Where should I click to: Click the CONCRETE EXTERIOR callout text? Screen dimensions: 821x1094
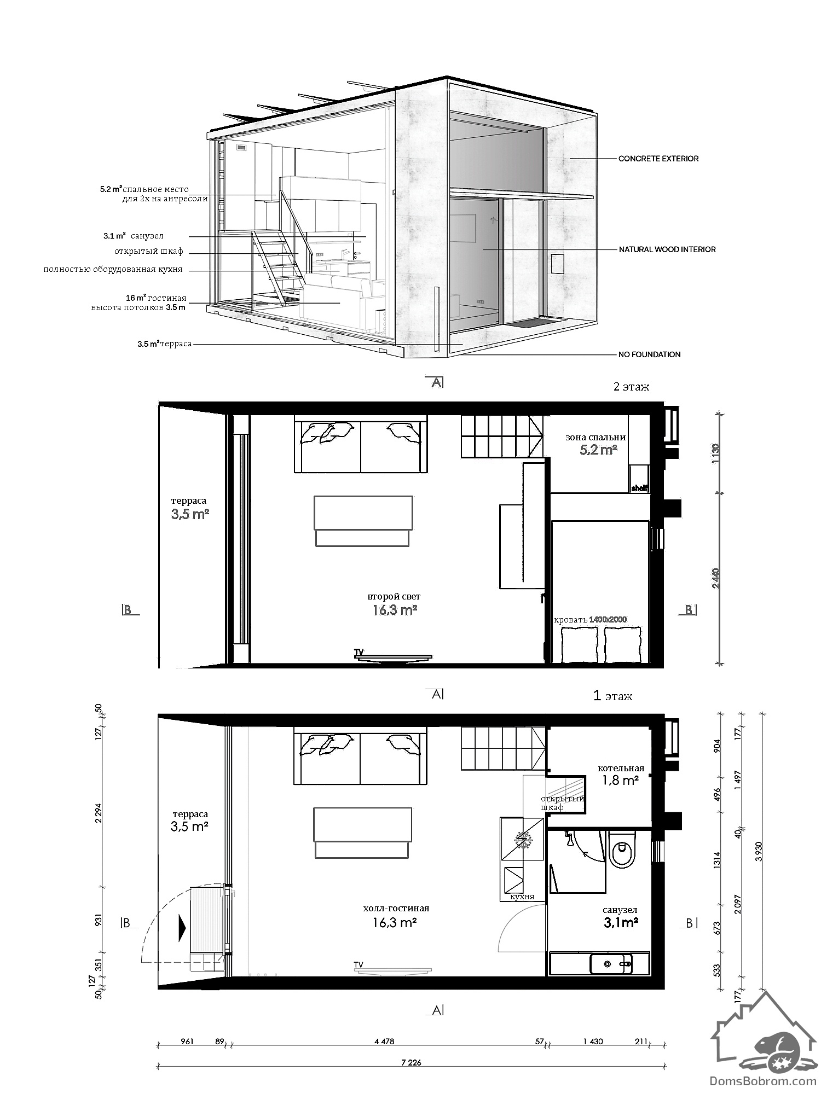point(658,159)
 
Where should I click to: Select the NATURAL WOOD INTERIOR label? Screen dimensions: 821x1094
point(667,249)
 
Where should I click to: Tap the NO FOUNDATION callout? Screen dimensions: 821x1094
point(650,354)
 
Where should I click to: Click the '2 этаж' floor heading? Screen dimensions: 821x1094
point(632,387)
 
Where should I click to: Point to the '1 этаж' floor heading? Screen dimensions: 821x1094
point(613,696)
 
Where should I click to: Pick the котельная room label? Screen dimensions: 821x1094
point(621,768)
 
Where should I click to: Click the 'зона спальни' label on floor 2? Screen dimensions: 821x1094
point(595,437)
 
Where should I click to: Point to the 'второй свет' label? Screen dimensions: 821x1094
point(394,596)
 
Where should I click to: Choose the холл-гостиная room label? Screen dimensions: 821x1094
point(396,908)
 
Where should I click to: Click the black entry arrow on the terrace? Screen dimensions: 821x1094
point(182,929)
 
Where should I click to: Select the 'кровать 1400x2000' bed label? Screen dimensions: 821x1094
point(590,620)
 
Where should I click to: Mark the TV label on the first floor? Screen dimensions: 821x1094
point(359,964)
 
